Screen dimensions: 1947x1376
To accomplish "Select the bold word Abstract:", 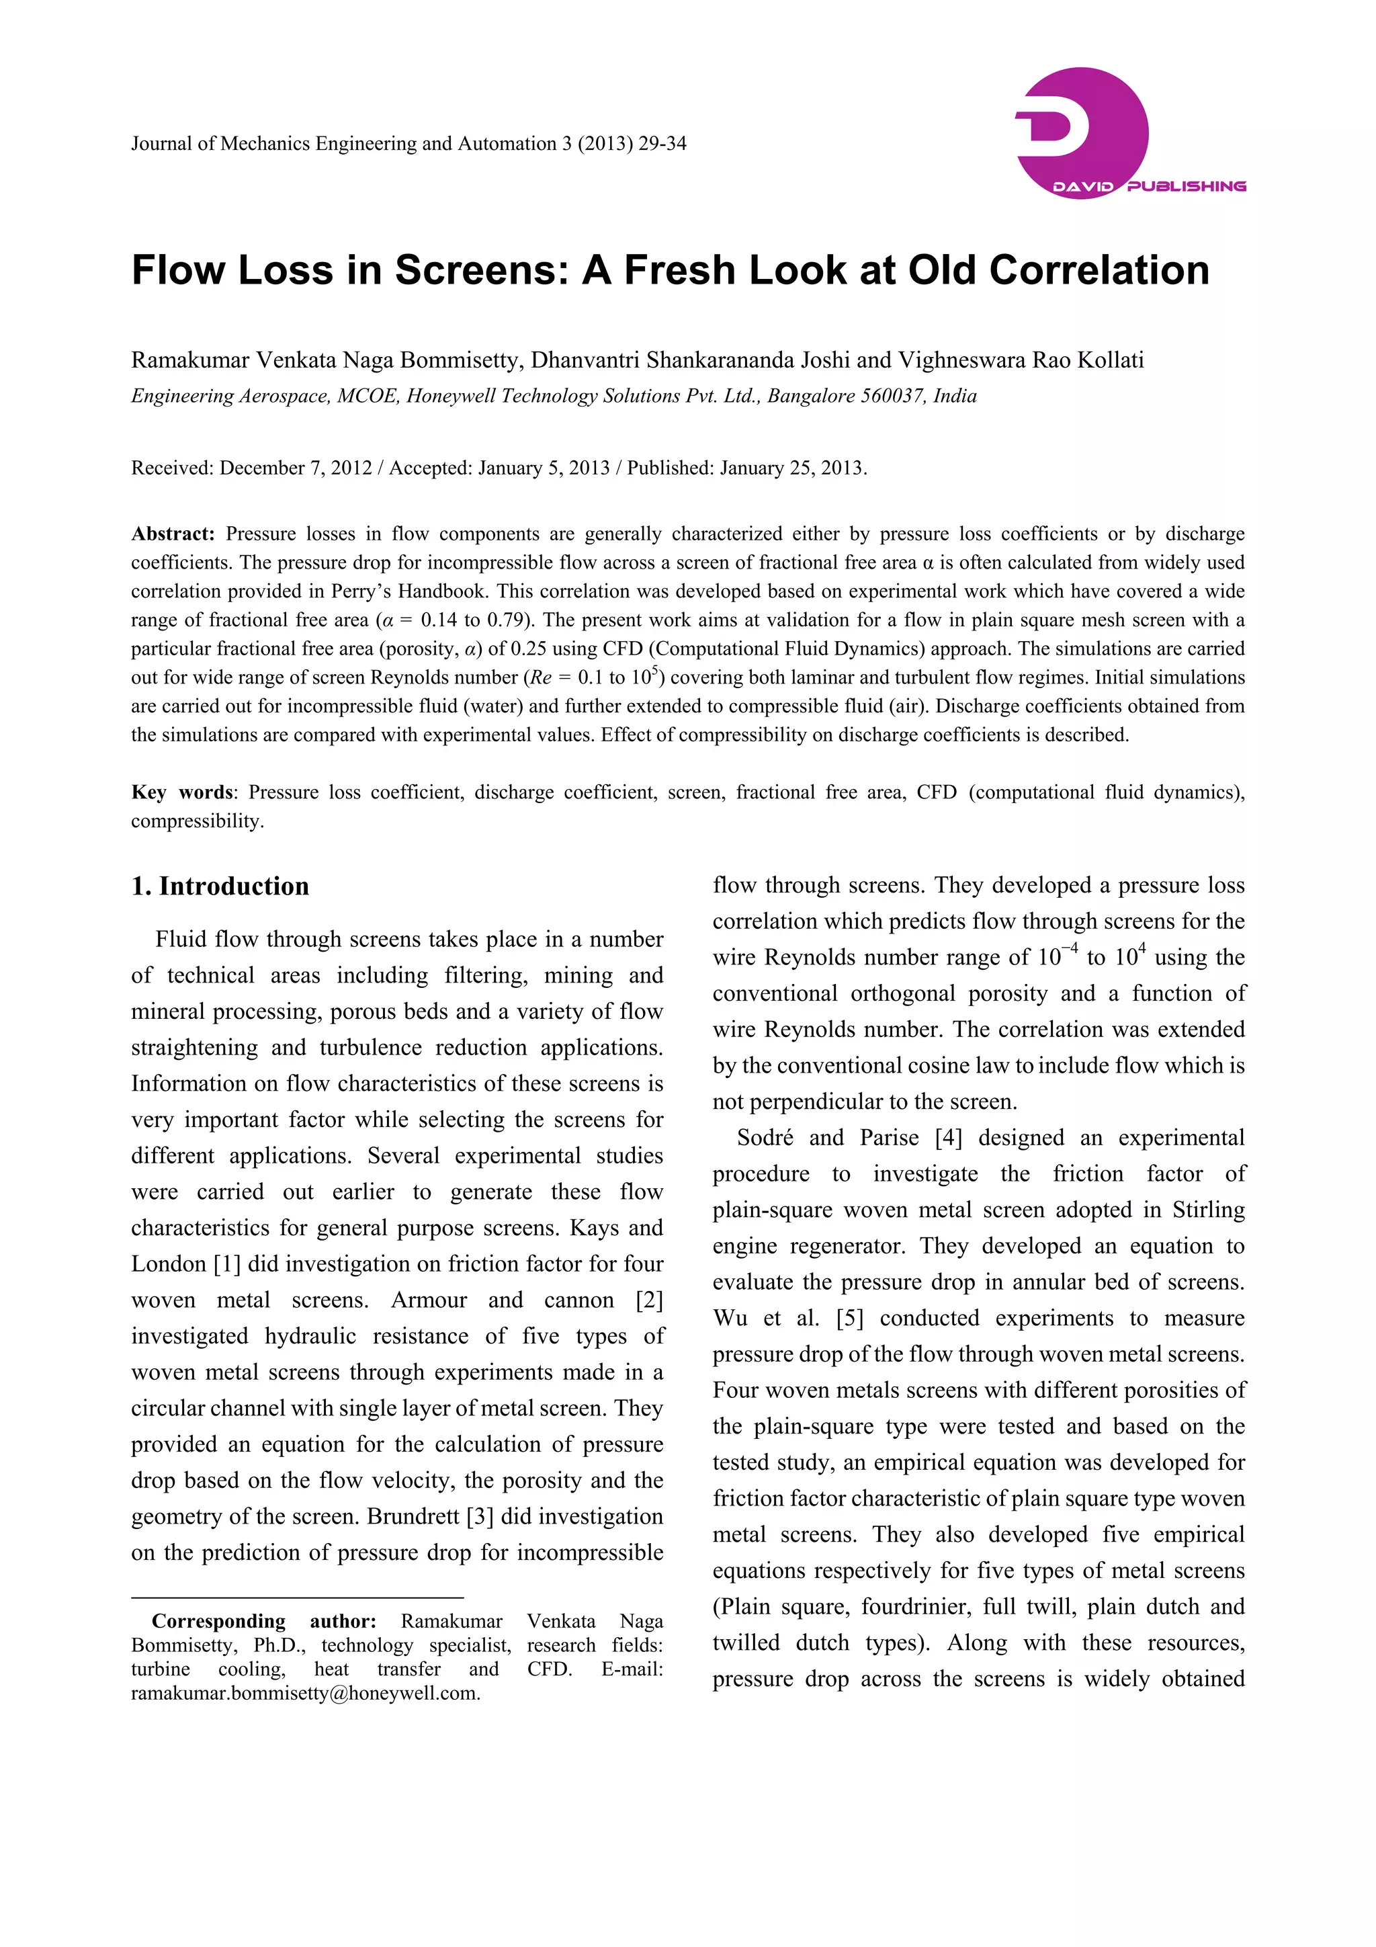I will [173, 534].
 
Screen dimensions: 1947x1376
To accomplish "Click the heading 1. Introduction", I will [220, 886].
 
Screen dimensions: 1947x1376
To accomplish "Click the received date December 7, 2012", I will [296, 468].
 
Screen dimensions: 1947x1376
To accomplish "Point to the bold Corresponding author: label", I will [263, 1621].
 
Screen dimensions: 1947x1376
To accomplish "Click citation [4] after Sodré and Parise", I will [949, 1138].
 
